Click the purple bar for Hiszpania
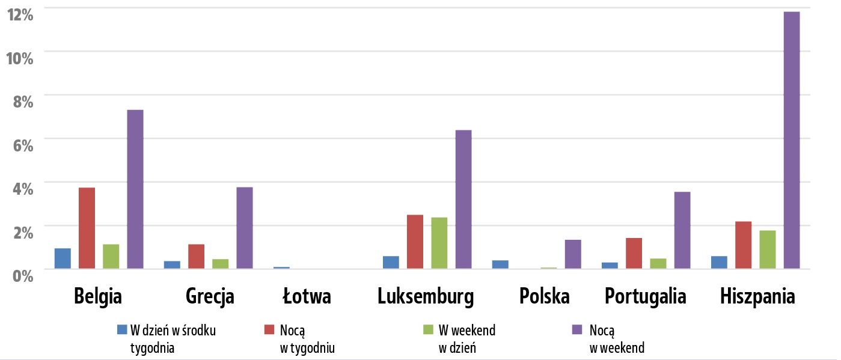[791, 140]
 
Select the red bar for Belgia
[87, 228]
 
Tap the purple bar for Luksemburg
[463, 199]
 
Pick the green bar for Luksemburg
[439, 243]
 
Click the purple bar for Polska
[573, 254]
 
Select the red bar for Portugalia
[634, 253]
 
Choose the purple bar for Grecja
[244, 228]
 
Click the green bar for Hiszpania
[767, 249]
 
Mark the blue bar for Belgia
[63, 258]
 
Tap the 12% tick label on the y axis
[19, 13]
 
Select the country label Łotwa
[307, 296]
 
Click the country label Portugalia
[646, 297]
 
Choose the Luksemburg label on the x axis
[426, 296]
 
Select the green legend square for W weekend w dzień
[429, 329]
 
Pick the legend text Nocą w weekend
[617, 339]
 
